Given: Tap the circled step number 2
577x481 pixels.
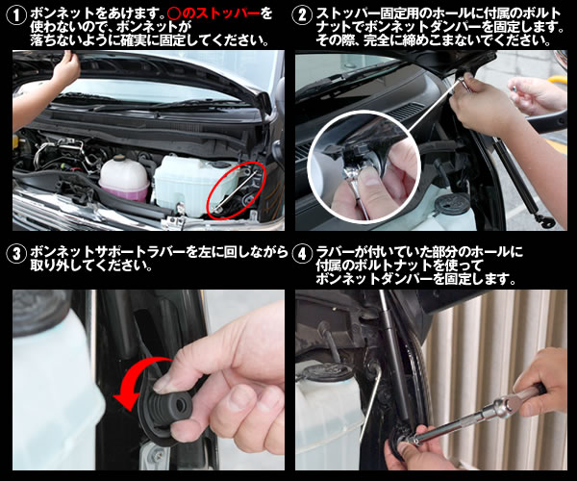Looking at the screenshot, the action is [302, 15].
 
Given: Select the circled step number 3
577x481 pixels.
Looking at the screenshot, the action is [16, 254].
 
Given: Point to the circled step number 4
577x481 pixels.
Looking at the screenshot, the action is [302, 254].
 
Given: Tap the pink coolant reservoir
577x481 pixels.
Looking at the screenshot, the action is [124, 179].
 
